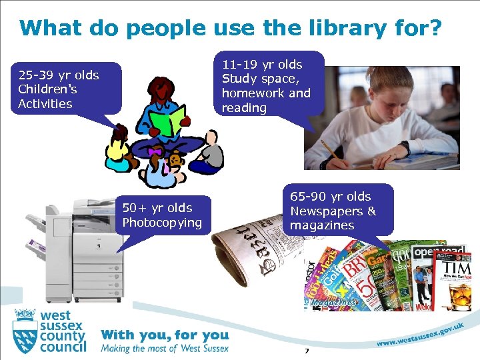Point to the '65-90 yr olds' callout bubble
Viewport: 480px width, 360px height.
point(341,210)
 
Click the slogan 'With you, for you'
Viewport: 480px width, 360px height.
point(165,335)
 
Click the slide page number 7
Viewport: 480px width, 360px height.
point(307,351)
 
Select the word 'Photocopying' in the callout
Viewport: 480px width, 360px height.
point(162,223)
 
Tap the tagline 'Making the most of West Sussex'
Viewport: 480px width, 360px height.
point(165,348)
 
